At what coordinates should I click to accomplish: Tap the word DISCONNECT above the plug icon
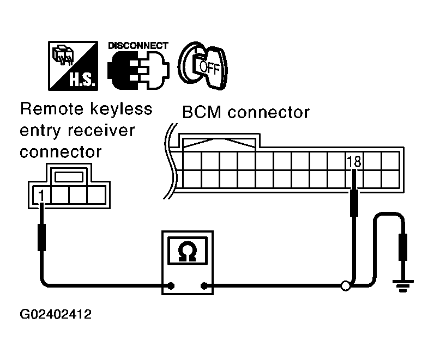tap(138, 45)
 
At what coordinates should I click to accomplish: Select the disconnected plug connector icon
tap(138, 71)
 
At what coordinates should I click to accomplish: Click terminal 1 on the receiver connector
tap(41, 194)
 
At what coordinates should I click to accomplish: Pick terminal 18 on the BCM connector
tap(354, 161)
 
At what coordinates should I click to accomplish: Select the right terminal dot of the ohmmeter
tap(205, 285)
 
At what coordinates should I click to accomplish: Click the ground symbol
tap(404, 284)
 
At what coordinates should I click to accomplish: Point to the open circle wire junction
tap(345, 285)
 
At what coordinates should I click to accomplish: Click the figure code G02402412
tap(56, 314)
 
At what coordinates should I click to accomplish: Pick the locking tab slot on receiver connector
tap(69, 176)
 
